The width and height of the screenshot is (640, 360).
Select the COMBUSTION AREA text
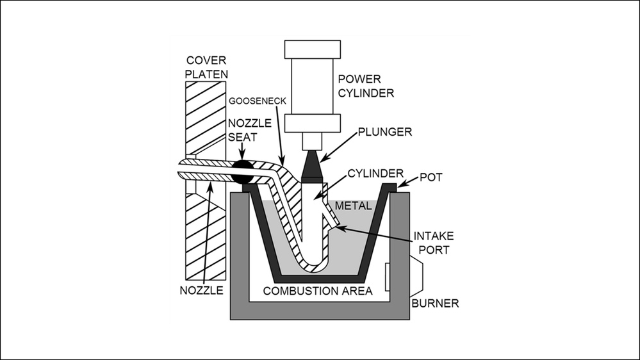point(309,291)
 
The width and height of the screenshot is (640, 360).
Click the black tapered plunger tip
point(311,164)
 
